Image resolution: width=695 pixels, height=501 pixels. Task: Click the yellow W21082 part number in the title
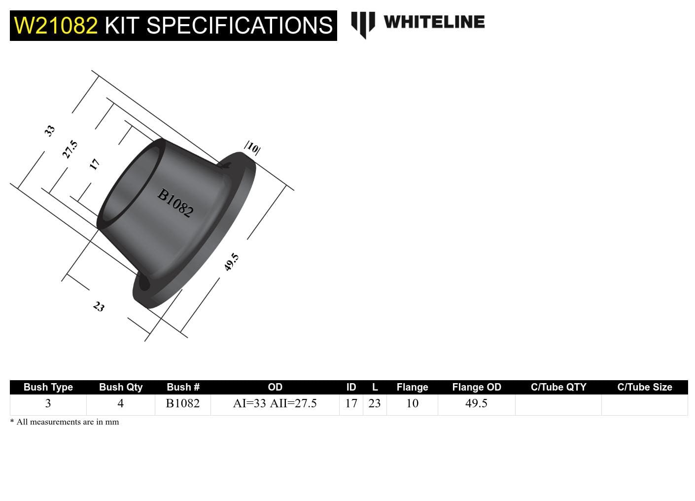56,26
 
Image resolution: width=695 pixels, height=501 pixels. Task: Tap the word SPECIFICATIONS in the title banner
240,26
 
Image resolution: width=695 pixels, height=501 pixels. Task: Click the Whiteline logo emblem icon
363,24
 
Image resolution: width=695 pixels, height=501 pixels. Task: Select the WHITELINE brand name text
434,22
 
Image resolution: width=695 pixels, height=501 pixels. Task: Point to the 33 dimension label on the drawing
49,131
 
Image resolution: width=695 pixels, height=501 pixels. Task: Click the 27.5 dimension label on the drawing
69,149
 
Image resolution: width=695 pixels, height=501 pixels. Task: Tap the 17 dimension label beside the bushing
94,164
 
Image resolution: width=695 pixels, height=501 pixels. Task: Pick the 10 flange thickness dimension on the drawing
252,147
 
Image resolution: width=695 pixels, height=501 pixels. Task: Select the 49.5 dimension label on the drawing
231,262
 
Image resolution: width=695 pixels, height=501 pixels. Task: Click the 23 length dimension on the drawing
99,307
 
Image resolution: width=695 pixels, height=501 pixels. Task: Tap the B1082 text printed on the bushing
175,203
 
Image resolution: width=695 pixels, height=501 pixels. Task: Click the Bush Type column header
48,387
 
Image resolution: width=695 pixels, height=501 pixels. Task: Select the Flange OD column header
476,387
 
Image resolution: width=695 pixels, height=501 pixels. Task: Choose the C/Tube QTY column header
558,387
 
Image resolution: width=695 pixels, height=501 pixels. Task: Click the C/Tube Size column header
644,387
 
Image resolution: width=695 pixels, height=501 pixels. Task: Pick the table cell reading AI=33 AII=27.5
275,403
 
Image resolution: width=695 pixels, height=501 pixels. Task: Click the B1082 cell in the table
182,403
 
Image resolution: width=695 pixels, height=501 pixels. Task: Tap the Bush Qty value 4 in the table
120,403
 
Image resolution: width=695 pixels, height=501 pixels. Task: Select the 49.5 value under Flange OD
476,403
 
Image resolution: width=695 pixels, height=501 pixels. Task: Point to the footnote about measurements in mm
65,422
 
